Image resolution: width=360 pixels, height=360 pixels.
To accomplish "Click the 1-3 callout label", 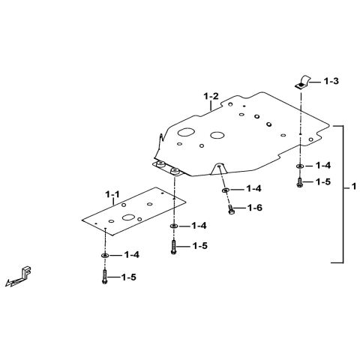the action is [x=331, y=81].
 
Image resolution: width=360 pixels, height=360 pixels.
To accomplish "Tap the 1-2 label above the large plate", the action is [x=211, y=96].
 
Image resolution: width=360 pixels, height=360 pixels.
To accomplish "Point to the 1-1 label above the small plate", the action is [x=112, y=194].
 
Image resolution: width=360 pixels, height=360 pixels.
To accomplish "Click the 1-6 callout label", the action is [x=255, y=208].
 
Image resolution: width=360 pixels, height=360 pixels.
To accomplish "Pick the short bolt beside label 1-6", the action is [x=231, y=209].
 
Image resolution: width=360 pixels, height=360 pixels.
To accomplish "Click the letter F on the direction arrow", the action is [x=27, y=271].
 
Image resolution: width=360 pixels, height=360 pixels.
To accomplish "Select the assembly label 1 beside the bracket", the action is [x=353, y=187].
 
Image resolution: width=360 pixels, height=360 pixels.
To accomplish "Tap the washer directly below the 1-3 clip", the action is [x=299, y=166].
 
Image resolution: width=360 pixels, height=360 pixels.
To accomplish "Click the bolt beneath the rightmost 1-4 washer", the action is [x=299, y=182].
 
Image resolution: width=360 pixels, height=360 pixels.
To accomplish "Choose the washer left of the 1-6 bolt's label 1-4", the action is [x=225, y=190].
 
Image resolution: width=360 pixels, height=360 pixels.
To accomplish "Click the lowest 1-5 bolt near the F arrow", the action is [x=105, y=277].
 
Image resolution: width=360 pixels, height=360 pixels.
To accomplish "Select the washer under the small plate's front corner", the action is [x=105, y=255].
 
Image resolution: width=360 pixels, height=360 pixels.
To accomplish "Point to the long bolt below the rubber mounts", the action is [x=173, y=247].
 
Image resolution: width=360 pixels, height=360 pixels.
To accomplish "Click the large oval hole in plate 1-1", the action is [x=128, y=217].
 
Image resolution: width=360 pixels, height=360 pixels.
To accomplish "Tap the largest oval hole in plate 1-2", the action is [x=186, y=132].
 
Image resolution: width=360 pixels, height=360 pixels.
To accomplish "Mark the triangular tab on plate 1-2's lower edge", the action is [x=219, y=169].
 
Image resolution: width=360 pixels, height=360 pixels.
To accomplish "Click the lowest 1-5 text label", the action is [x=129, y=277].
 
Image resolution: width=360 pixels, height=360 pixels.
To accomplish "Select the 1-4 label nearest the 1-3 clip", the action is [x=323, y=166].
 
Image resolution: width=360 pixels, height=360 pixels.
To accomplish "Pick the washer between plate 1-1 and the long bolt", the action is [x=174, y=226].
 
